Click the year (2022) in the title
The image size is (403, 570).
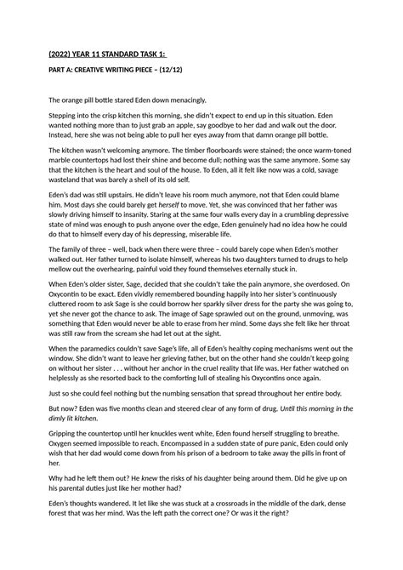[x=60, y=57]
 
